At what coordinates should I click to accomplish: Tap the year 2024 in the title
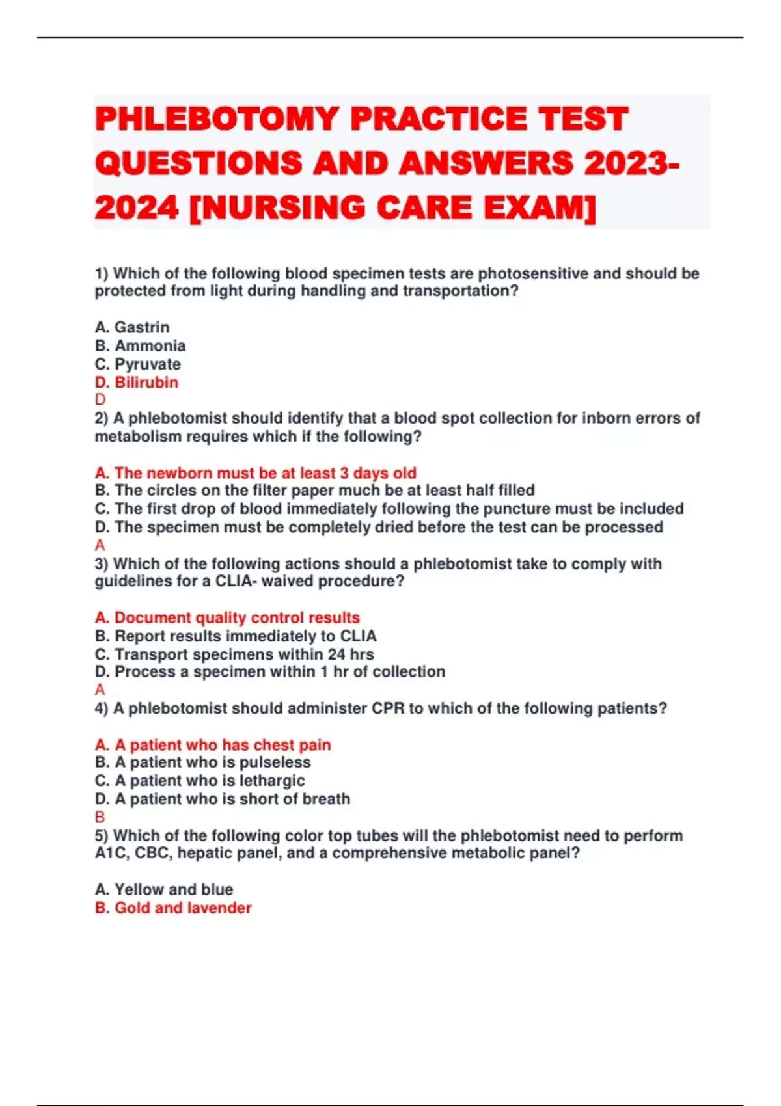[x=136, y=208]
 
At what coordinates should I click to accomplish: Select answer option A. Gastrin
[x=132, y=327]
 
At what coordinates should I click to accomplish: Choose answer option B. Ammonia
[x=140, y=345]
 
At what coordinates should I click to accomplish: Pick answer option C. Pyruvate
[x=137, y=364]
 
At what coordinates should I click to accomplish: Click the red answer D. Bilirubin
[x=137, y=382]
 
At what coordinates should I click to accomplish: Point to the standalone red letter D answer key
[x=100, y=399]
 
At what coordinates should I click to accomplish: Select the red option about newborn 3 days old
[x=255, y=473]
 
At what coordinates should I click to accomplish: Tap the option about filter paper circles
[x=314, y=490]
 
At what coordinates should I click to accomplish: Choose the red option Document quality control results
[x=227, y=617]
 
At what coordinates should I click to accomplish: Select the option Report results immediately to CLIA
[x=236, y=636]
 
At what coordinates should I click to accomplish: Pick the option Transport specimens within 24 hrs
[x=234, y=654]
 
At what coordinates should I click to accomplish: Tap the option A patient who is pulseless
[x=202, y=762]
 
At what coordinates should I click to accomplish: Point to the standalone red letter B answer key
[x=100, y=817]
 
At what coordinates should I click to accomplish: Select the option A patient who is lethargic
[x=199, y=780]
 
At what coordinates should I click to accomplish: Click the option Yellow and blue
[x=164, y=889]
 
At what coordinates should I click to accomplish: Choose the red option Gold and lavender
[x=173, y=908]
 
